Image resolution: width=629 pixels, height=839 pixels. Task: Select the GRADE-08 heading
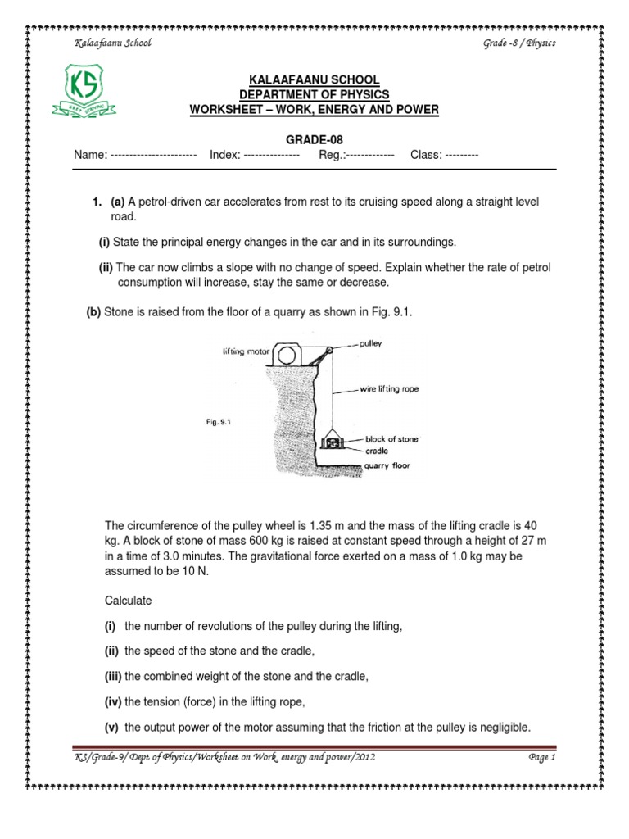coord(314,140)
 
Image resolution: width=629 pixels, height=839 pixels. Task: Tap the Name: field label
coord(91,155)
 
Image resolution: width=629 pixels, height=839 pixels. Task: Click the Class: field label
coord(426,155)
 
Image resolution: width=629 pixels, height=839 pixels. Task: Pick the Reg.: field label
coord(332,155)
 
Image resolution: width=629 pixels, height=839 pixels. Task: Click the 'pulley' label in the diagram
coord(371,344)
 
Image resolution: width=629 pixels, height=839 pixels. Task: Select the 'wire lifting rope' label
coord(389,389)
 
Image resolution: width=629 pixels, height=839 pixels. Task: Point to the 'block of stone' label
coord(391,439)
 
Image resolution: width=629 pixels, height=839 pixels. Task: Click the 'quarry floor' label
coord(387,465)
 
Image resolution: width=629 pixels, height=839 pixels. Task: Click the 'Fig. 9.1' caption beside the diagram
coord(219,423)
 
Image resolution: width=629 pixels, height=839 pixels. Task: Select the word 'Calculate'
coord(129,601)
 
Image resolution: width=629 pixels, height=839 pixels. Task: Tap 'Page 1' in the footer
coord(542,758)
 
